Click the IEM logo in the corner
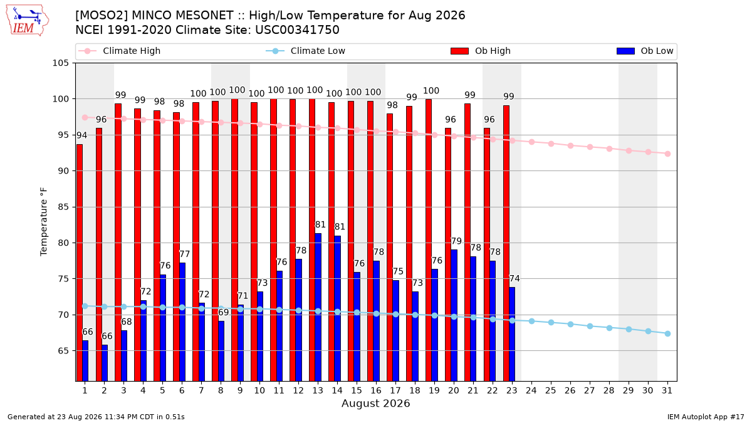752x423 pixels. click(x=28, y=21)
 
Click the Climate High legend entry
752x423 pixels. click(x=120, y=51)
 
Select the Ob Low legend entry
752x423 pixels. click(x=645, y=51)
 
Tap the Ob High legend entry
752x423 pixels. click(x=481, y=51)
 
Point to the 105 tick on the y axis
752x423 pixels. click(x=60, y=63)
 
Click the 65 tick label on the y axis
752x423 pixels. click(x=63, y=351)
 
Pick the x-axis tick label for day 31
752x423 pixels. click(x=667, y=391)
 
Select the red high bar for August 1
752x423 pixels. click(x=80, y=263)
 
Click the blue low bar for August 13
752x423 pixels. click(x=318, y=307)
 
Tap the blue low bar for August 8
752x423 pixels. click(x=221, y=351)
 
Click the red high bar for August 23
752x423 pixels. click(x=506, y=243)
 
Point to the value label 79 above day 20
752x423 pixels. click(x=456, y=241)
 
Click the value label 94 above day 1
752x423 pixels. click(x=81, y=135)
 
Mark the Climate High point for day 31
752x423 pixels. click(x=668, y=154)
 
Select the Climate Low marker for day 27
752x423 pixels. click(x=590, y=326)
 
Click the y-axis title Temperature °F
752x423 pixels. click(x=44, y=222)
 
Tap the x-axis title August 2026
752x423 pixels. click(x=375, y=403)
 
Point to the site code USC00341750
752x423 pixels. click(x=297, y=30)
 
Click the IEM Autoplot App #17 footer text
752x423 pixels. click(x=706, y=417)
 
